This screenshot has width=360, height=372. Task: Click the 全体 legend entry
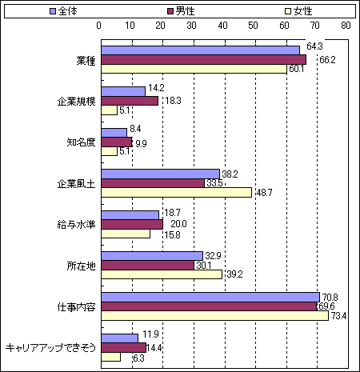tap(63, 11)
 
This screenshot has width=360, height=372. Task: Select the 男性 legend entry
tap(181, 11)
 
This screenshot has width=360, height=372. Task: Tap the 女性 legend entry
tap(298, 11)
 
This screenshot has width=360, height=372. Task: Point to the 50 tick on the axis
tap(253, 26)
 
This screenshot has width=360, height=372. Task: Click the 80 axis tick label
tap(346, 26)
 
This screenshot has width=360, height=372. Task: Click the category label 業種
tap(86, 61)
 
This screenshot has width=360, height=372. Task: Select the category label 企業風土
tap(76, 184)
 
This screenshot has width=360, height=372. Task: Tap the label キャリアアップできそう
tap(50, 347)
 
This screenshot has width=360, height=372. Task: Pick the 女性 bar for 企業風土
tap(177, 192)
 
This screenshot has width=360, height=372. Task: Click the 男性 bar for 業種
tap(204, 60)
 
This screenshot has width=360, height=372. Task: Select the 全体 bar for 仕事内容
tap(210, 297)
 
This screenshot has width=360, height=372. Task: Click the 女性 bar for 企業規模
tap(110, 110)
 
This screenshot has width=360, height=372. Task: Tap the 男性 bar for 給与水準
tap(132, 224)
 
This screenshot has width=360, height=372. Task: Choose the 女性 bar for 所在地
tap(162, 274)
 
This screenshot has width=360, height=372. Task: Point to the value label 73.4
tap(338, 316)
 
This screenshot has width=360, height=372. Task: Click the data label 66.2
tap(327, 60)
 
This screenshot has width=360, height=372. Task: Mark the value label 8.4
tap(135, 129)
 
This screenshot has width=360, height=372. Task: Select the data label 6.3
tap(138, 358)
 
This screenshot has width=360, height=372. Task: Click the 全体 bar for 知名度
tap(114, 133)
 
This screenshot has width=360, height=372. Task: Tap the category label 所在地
tap(81, 266)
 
